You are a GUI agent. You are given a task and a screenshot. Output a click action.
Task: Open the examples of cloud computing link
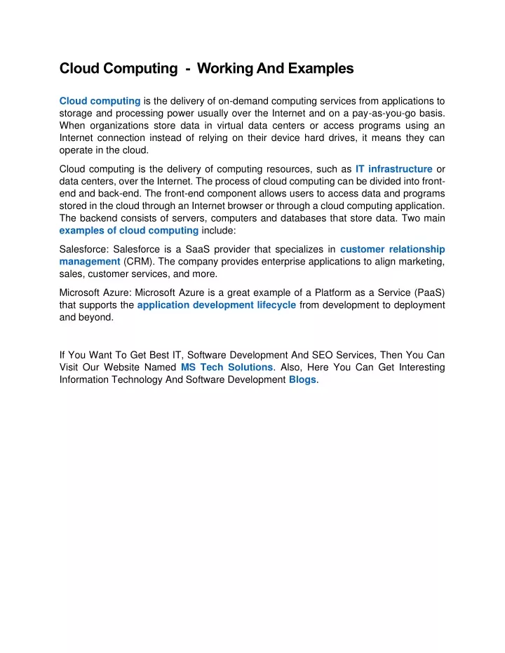click(128, 231)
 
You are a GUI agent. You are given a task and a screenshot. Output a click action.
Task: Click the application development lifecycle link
click(217, 305)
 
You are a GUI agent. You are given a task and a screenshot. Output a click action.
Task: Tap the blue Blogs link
click(303, 380)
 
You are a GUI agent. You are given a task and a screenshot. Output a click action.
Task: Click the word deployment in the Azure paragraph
click(415, 305)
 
